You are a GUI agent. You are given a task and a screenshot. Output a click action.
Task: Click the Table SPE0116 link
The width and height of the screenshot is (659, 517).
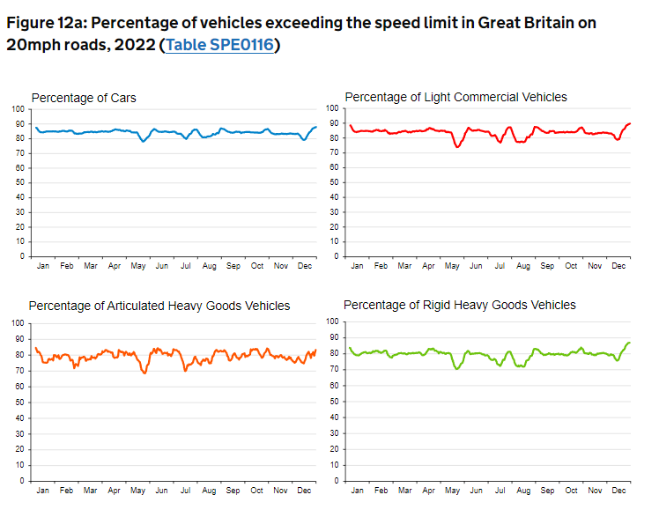click(x=219, y=44)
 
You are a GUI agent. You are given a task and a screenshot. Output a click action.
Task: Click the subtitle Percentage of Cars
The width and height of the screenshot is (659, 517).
click(x=84, y=97)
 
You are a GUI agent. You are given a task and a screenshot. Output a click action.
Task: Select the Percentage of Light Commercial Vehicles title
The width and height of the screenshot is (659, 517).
click(x=455, y=97)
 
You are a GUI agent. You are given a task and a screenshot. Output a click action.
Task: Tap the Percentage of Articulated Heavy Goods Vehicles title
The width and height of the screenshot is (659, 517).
click(x=159, y=306)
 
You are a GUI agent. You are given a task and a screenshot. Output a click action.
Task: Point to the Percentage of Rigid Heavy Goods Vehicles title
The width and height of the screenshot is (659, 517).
click(x=459, y=305)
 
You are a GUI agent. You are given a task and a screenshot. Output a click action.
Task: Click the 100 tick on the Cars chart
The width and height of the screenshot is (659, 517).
click(x=19, y=108)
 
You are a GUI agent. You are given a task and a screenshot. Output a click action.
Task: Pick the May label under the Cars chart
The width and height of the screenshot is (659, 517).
click(x=138, y=265)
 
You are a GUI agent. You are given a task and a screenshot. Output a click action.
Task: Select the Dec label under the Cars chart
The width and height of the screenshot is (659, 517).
click(x=305, y=265)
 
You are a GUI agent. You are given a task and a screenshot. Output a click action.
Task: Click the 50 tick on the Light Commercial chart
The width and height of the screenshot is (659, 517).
click(x=335, y=182)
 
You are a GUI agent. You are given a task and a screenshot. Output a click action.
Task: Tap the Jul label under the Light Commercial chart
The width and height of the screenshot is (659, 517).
click(x=500, y=265)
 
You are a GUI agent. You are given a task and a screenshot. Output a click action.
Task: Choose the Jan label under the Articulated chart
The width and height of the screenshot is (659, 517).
click(x=43, y=490)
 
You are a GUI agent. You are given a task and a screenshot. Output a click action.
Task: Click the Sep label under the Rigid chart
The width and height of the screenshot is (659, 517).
click(x=547, y=490)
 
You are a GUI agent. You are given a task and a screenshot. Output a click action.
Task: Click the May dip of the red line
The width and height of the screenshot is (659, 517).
click(x=457, y=146)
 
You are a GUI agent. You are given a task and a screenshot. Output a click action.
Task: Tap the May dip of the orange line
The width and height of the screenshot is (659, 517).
click(x=144, y=373)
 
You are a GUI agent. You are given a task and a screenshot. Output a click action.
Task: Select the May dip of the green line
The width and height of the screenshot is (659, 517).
click(x=456, y=368)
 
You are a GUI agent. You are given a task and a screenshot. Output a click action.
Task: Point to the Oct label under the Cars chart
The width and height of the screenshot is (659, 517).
click(x=257, y=265)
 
